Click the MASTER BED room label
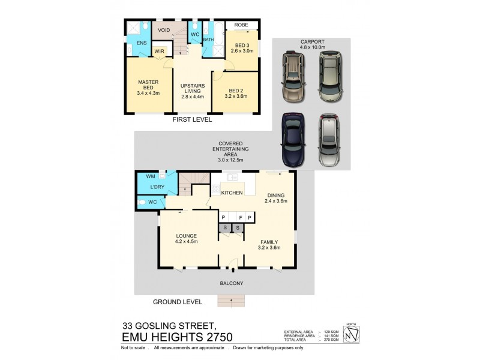147,85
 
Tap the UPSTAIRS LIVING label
192,88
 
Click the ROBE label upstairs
241,25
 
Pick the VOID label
163,30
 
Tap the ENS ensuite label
141,44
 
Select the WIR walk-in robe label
159,52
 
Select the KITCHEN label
231,193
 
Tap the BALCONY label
230,283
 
